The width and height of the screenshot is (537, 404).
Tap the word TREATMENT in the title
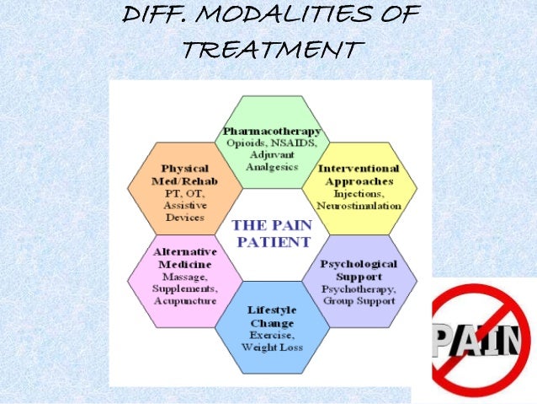tap(270, 50)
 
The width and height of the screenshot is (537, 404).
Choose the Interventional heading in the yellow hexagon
tap(356, 169)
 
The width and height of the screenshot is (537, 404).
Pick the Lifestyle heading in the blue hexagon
tap(272, 310)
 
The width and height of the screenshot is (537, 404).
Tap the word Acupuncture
tap(185, 299)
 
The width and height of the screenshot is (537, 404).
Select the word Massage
tap(185, 277)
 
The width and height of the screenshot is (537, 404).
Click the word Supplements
tap(185, 288)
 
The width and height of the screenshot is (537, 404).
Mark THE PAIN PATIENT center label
tap(271, 233)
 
